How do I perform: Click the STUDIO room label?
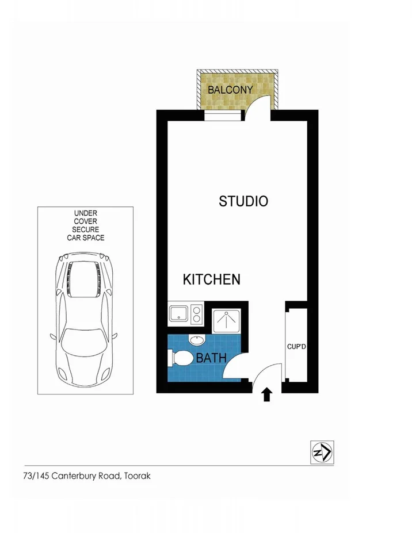pos(243,201)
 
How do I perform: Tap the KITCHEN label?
pos(211,280)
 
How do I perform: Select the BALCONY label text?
pos(230,90)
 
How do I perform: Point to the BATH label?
pos(211,358)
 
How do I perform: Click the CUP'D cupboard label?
pos(296,347)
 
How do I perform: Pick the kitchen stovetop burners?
pos(196,314)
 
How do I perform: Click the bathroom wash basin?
pos(196,339)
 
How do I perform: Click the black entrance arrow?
pos(267,394)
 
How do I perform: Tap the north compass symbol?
pos(322,452)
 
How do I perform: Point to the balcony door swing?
pos(257,107)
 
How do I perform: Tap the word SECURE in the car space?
pos(85,229)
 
